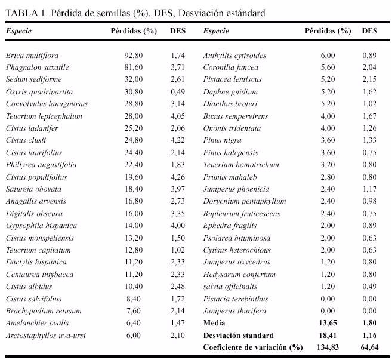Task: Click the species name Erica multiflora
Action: [x=32, y=56]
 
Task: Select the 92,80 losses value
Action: [x=134, y=56]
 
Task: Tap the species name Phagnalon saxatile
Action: [x=38, y=67]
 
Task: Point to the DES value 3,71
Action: [x=178, y=67]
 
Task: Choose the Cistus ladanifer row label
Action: [x=32, y=128]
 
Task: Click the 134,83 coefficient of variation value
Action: [x=328, y=347]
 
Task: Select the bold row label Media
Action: [x=214, y=323]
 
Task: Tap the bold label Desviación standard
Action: [x=239, y=336]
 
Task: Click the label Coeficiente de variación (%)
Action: [x=253, y=347]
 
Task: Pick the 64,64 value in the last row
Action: [x=369, y=347]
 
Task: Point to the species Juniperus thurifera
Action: [x=234, y=311]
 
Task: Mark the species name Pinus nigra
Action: [x=222, y=140]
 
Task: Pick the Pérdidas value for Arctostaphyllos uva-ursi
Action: [x=134, y=336]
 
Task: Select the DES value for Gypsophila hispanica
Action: [x=178, y=226]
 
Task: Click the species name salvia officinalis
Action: [x=230, y=287]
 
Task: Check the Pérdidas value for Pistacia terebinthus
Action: [x=328, y=299]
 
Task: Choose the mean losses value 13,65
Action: [x=328, y=323]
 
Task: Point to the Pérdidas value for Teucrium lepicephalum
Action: [x=134, y=116]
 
